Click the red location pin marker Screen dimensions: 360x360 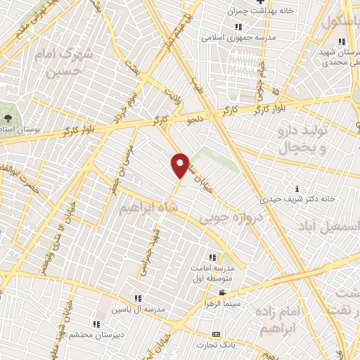click(181, 165)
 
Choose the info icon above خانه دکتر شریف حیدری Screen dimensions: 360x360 click(298, 188)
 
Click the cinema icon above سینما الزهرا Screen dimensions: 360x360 click(222, 292)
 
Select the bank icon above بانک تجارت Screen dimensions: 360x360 click(216, 334)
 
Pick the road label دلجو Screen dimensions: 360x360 click(195, 121)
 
